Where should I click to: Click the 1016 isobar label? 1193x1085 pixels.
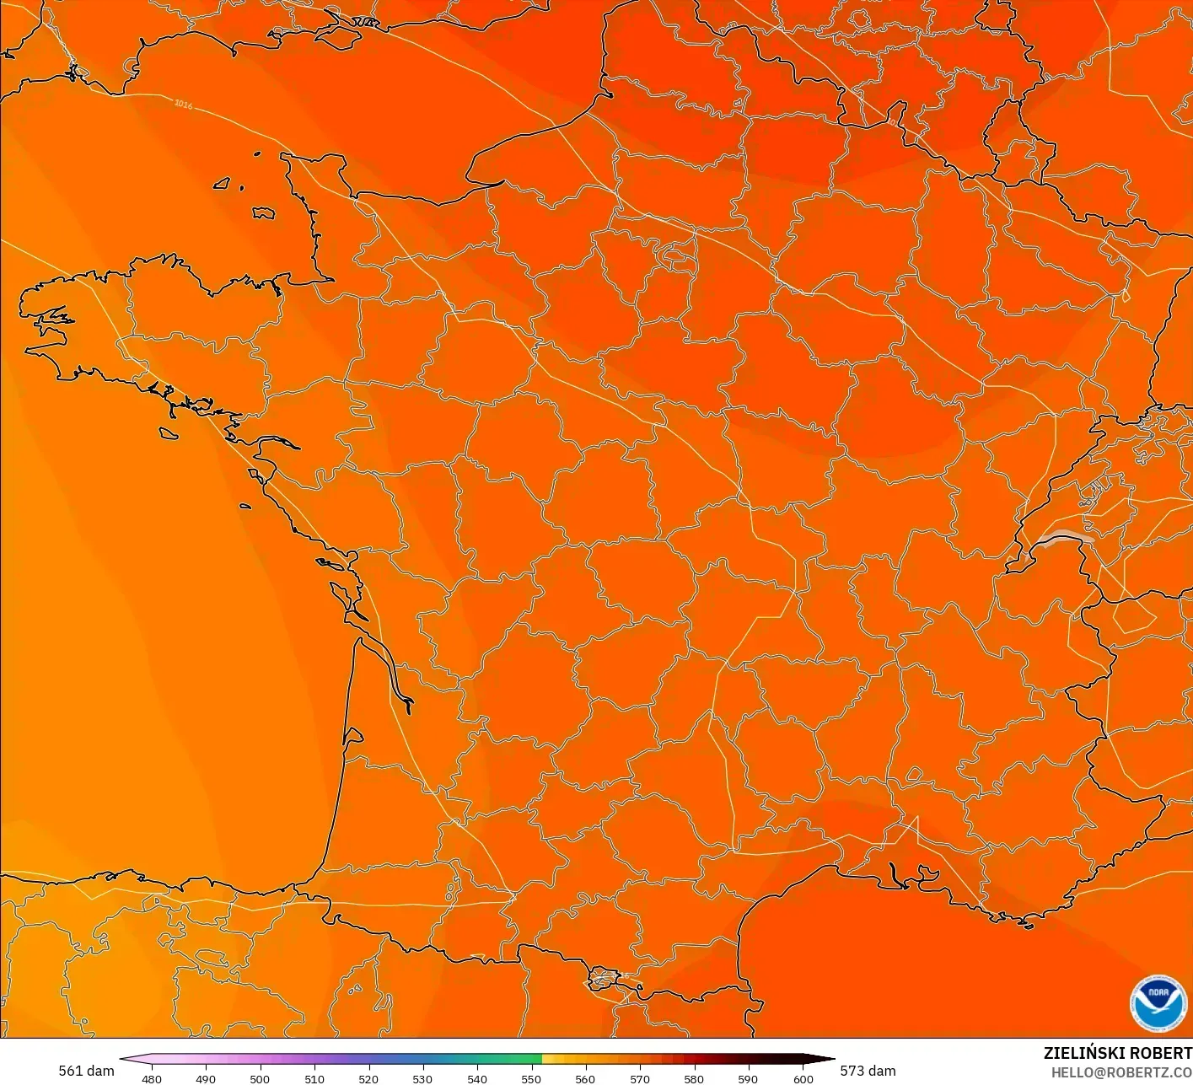click(x=183, y=105)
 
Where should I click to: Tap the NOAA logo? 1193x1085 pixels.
click(x=1158, y=1003)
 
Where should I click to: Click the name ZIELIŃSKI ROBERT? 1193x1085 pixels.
click(x=1117, y=1053)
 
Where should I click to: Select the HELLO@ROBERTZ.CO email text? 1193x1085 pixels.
click(x=1121, y=1072)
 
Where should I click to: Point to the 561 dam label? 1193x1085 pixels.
click(x=86, y=1071)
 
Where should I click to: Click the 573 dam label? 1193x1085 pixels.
click(x=868, y=1071)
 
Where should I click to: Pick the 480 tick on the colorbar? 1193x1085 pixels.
click(x=152, y=1079)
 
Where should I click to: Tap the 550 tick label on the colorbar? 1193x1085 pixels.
click(x=531, y=1079)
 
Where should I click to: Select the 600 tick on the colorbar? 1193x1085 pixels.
click(x=803, y=1079)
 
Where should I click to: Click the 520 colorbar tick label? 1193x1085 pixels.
click(x=368, y=1079)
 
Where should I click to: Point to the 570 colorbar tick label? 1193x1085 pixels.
click(x=640, y=1079)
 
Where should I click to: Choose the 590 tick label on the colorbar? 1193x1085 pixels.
click(x=748, y=1079)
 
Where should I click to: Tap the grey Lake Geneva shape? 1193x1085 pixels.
click(x=1065, y=537)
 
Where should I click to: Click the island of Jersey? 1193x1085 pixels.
click(x=264, y=213)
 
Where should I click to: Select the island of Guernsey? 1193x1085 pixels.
click(x=223, y=183)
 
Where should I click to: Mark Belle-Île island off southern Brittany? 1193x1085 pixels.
click(x=169, y=433)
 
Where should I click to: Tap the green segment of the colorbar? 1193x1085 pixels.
click(x=506, y=1060)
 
